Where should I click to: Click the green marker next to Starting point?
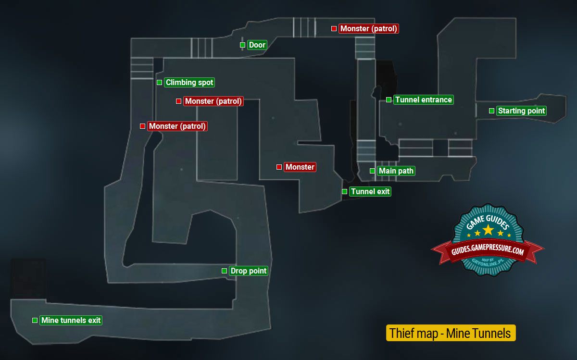[491, 111]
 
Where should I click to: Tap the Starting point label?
[521, 111]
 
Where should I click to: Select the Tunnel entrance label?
[423, 100]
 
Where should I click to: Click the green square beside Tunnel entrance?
[389, 100]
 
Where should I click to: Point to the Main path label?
[396, 171]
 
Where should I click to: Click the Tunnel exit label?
[370, 192]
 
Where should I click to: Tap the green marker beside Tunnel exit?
[344, 192]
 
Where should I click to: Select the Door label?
[257, 45]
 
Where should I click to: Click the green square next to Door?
[242, 45]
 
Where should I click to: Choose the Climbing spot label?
[189, 83]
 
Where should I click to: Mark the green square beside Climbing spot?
[159, 83]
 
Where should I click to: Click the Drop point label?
[248, 271]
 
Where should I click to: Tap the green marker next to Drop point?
[224, 271]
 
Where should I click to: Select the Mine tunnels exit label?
[71, 321]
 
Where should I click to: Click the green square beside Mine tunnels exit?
[35, 321]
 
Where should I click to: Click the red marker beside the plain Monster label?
[279, 167]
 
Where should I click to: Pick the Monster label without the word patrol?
[300, 167]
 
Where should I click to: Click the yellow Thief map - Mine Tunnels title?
[451, 334]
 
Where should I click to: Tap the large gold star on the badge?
[488, 230]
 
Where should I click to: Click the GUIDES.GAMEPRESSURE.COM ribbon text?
[487, 250]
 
